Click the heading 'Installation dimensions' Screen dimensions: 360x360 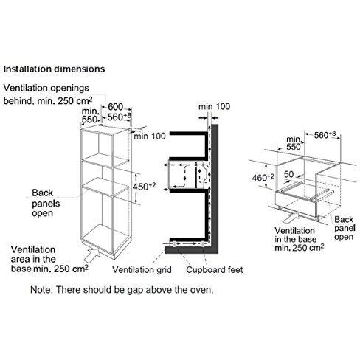[x=53, y=69]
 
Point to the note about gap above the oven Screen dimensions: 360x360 [x=122, y=289]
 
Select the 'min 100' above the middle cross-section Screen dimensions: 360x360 [x=215, y=106]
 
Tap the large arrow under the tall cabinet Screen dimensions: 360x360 [x=97, y=255]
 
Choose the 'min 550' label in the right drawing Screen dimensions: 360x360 [x=294, y=142]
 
